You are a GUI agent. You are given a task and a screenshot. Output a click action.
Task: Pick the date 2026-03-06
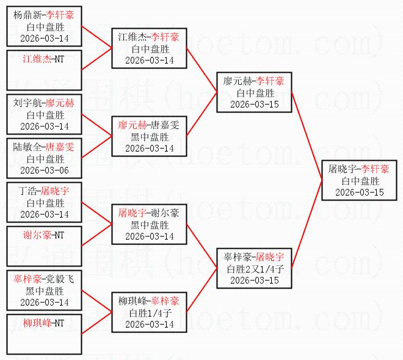[44, 169]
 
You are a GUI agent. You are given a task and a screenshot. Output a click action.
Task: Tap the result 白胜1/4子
[149, 312]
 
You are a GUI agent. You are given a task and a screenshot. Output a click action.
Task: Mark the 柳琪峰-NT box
[44, 334]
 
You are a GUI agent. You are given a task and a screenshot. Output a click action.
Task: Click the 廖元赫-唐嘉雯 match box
[149, 136]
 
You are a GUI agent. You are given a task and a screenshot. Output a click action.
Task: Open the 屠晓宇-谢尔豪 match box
[149, 224]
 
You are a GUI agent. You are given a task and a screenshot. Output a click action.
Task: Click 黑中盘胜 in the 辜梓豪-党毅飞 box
[44, 290]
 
